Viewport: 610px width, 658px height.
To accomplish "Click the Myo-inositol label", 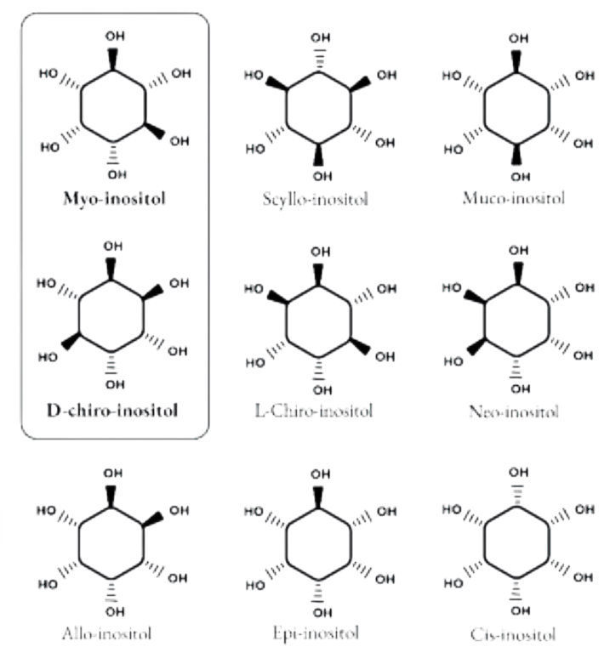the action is [x=114, y=199].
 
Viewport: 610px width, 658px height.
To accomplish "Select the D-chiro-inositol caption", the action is [x=112, y=411].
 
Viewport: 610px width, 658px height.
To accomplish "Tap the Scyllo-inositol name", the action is [x=316, y=199].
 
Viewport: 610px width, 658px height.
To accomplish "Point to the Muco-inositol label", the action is [x=514, y=198].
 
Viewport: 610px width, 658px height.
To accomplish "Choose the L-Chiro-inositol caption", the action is [x=314, y=411].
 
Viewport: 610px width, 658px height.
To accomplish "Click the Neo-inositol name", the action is [x=514, y=411].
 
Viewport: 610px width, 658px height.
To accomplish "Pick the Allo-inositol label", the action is [x=106, y=633].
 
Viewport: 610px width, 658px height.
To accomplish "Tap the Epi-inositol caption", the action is [x=316, y=633].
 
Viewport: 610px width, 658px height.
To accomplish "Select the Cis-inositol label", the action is [x=513, y=634].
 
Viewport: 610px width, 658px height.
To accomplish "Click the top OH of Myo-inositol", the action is [x=115, y=36].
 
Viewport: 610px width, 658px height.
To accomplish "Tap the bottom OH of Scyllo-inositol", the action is [x=322, y=176].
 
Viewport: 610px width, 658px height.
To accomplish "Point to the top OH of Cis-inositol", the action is [x=519, y=473].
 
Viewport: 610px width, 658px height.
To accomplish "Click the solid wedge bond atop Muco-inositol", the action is [x=516, y=62].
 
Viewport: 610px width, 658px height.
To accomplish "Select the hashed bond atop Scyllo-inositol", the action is [x=320, y=61].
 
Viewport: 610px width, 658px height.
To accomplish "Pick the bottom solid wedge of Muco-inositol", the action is [x=516, y=154].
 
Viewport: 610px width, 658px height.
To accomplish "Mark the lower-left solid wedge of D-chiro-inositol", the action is [x=71, y=341].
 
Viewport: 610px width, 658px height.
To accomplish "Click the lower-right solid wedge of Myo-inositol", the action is [x=155, y=131].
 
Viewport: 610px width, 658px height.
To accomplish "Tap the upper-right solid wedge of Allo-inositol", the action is [x=153, y=519].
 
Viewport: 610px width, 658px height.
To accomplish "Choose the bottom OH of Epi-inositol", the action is [x=322, y=613].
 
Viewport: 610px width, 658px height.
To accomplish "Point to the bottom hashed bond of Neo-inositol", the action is [x=517, y=368].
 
